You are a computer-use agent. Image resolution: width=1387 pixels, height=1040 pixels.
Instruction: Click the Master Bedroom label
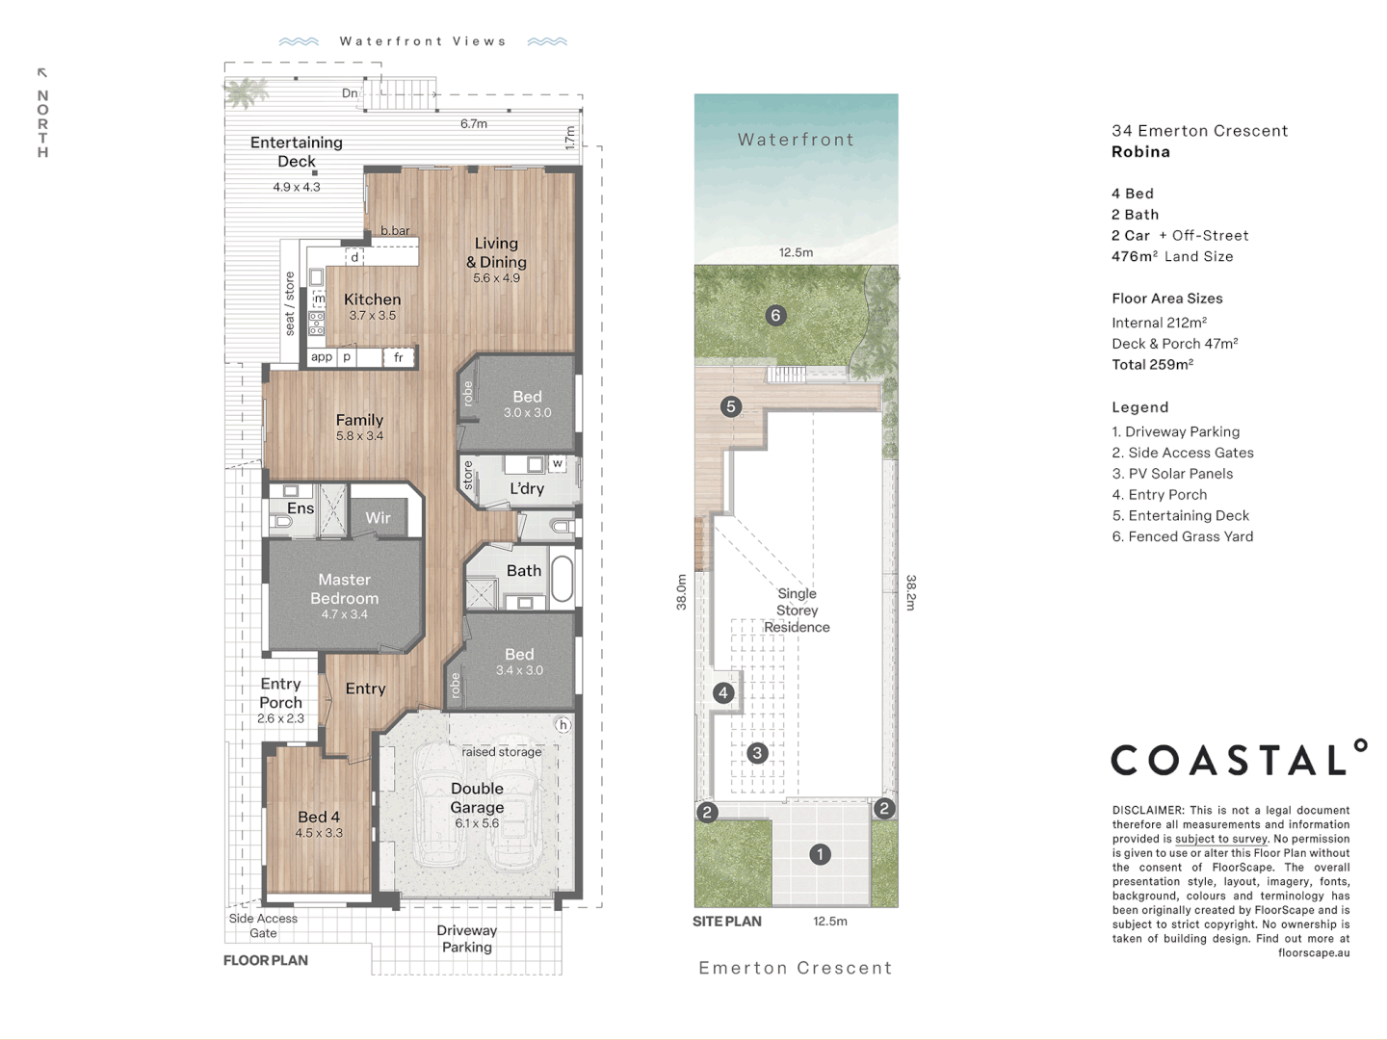coord(345,588)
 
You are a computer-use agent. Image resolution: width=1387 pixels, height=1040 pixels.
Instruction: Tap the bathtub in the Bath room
coord(562,579)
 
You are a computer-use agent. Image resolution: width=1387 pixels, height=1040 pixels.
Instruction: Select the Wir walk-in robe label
coord(378,518)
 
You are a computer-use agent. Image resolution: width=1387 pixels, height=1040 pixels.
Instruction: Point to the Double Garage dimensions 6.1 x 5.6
coord(477,823)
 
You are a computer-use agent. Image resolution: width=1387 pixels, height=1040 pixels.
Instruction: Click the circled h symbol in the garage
coord(563,725)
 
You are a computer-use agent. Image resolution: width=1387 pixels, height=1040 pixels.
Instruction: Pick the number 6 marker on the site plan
coord(776,315)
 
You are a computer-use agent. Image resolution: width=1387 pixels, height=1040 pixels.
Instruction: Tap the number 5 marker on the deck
coord(731,406)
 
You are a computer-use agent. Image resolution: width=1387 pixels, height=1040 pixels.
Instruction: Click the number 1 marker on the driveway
coord(821,854)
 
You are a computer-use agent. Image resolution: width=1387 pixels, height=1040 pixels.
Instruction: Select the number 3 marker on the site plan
coord(757,753)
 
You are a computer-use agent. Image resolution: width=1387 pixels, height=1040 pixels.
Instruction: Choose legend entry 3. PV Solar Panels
coord(1172,474)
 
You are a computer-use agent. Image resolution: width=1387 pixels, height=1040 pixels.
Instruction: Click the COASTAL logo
coord(1239,758)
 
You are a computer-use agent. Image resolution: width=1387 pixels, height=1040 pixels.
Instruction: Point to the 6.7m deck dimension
coord(474,124)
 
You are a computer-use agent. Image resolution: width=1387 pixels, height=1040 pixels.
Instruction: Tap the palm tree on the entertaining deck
coord(246,92)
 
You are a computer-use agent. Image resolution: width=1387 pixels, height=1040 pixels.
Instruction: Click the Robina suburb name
coord(1140,151)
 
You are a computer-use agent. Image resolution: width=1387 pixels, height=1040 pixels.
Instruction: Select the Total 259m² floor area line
coord(1153,364)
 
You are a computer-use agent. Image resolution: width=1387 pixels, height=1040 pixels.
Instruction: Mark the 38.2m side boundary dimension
coord(910,592)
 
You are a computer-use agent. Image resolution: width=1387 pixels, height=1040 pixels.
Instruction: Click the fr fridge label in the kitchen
coord(399,357)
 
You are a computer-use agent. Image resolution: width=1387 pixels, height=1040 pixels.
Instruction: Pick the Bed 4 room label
coord(319,817)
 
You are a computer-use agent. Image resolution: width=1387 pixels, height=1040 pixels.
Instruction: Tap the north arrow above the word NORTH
coord(42,73)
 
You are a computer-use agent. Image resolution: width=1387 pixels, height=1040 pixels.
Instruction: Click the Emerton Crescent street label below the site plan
coord(796,968)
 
